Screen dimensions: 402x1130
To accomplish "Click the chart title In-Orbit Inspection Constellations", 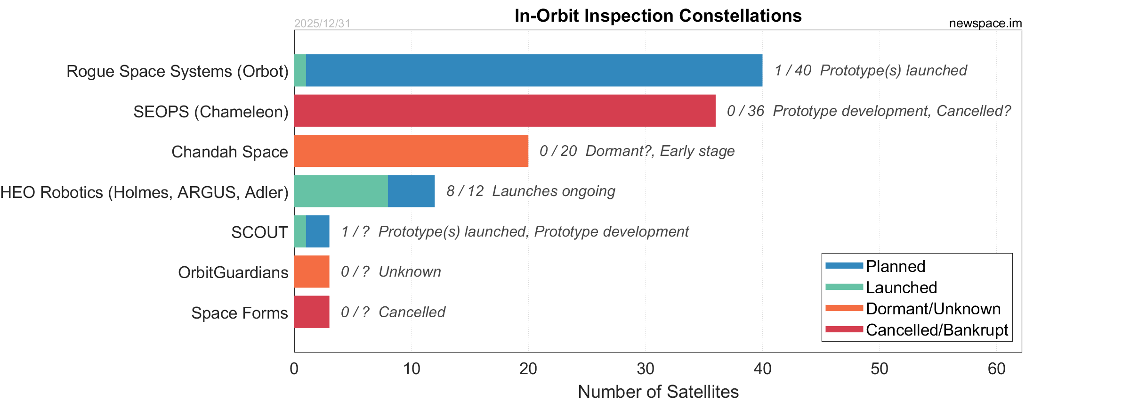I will [658, 16].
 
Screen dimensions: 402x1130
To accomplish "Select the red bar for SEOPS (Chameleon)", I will [505, 111].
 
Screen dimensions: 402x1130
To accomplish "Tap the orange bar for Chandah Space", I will [411, 151].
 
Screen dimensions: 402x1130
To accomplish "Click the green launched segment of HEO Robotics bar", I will [341, 191].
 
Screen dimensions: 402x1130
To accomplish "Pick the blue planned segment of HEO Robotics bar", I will [411, 191].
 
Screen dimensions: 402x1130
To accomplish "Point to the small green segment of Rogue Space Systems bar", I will [300, 71].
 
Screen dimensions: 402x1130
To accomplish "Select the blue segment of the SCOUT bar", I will [317, 231].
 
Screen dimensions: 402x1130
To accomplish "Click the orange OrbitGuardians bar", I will [312, 271].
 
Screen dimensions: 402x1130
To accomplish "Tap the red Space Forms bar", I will [312, 312].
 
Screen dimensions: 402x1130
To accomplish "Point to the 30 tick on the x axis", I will [645, 369].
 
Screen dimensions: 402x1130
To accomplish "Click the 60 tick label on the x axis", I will [996, 369].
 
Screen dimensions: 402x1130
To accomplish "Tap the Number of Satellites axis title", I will [658, 392].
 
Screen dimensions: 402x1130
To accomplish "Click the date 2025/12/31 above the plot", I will [322, 24].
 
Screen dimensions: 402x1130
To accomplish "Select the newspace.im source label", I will [985, 24].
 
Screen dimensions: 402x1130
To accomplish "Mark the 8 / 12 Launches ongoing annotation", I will [531, 191].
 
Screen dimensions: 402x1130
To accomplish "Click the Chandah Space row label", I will [229, 152].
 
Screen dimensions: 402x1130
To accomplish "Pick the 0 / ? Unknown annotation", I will [391, 272].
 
